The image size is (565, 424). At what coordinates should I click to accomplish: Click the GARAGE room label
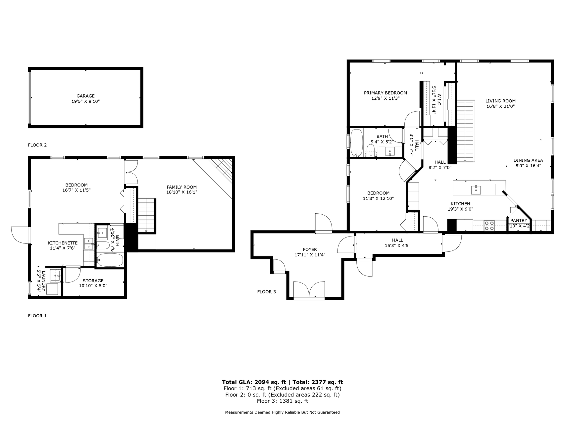(85, 96)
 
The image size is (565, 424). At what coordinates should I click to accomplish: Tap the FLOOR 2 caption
(37, 145)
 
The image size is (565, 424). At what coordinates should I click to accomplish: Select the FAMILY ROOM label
(182, 187)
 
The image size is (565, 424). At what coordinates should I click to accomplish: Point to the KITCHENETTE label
(63, 243)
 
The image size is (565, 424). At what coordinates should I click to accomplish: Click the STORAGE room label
(93, 281)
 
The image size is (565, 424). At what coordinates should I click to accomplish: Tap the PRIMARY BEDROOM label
(385, 93)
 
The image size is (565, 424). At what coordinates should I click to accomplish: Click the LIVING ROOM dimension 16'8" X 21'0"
(500, 106)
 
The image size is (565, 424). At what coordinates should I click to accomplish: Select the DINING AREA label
(528, 160)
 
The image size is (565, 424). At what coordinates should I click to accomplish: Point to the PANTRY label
(519, 221)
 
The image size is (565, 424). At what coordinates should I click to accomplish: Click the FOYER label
(310, 249)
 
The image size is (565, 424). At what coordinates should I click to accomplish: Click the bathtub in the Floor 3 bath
(357, 143)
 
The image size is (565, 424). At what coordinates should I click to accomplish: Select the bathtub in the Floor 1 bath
(110, 260)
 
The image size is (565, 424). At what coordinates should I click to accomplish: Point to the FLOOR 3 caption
(267, 292)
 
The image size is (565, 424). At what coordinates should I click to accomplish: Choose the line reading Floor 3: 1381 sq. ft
(282, 401)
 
